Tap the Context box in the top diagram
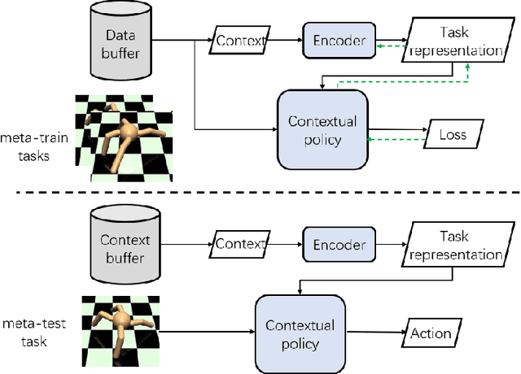(240, 38)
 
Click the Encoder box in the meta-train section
(337, 37)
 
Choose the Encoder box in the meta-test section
(337, 244)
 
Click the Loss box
(453, 134)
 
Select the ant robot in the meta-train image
(129, 134)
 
